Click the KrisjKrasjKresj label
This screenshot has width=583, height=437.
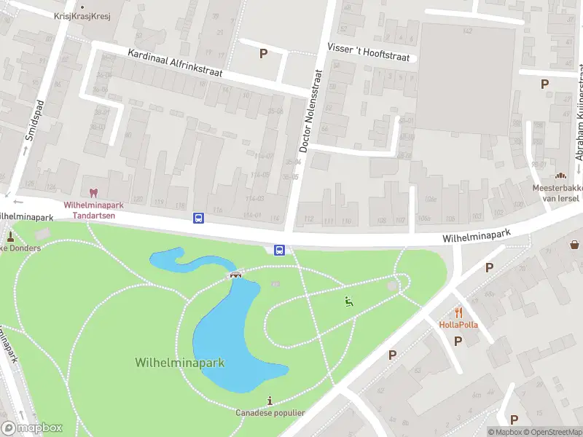pos(82,16)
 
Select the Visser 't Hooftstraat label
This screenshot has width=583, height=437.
pos(369,51)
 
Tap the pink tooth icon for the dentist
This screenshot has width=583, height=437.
pos(93,194)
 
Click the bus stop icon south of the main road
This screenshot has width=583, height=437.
pos(279,251)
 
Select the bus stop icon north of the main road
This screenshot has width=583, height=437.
pos(198,218)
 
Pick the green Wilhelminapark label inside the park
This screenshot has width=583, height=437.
pos(179,362)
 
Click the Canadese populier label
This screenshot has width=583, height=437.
pos(270,413)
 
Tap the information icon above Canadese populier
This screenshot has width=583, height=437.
pos(270,401)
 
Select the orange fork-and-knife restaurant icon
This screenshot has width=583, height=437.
pos(458,312)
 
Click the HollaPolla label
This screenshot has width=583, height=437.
pos(458,324)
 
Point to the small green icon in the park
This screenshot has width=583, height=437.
pos(348,302)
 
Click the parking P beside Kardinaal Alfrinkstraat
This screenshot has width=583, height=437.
pos(264,53)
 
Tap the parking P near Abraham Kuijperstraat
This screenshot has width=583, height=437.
pos(544,84)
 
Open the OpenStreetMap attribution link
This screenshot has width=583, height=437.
pos(552,432)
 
